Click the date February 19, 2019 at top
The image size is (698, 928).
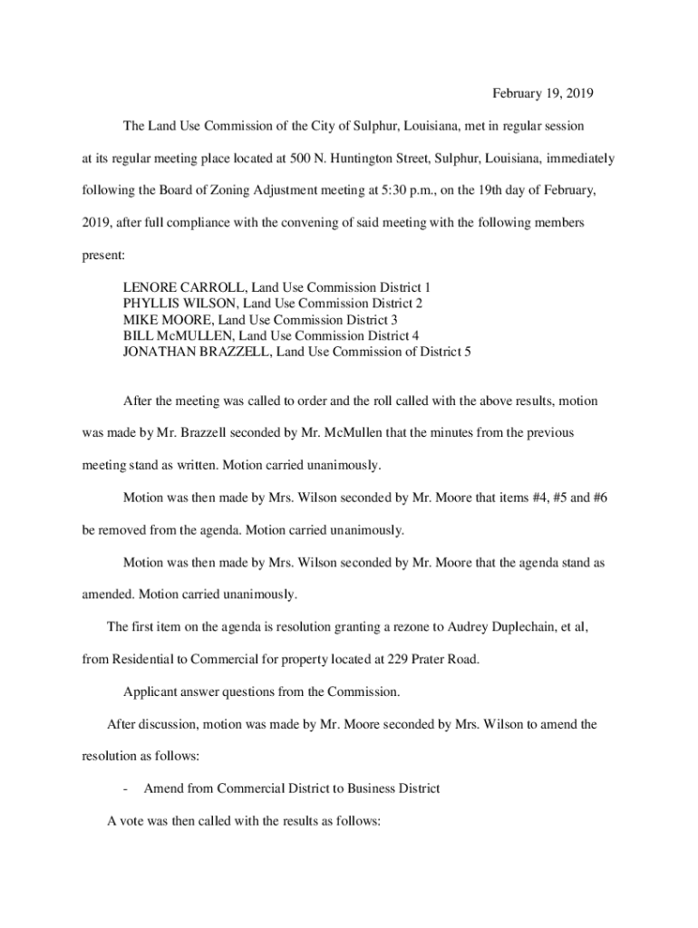(542, 93)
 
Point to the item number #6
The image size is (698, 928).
(596, 498)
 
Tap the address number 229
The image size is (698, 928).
(399, 659)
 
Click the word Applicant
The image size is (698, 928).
(151, 691)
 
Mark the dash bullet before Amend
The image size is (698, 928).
(126, 789)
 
